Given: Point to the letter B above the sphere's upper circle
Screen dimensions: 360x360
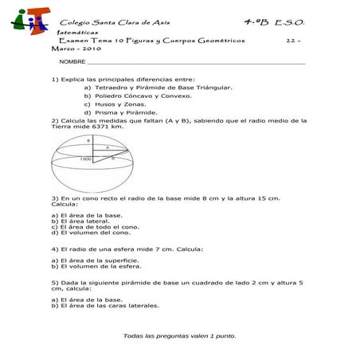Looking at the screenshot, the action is coord(88,139).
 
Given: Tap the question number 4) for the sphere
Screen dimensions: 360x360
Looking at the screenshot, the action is coord(54,248).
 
